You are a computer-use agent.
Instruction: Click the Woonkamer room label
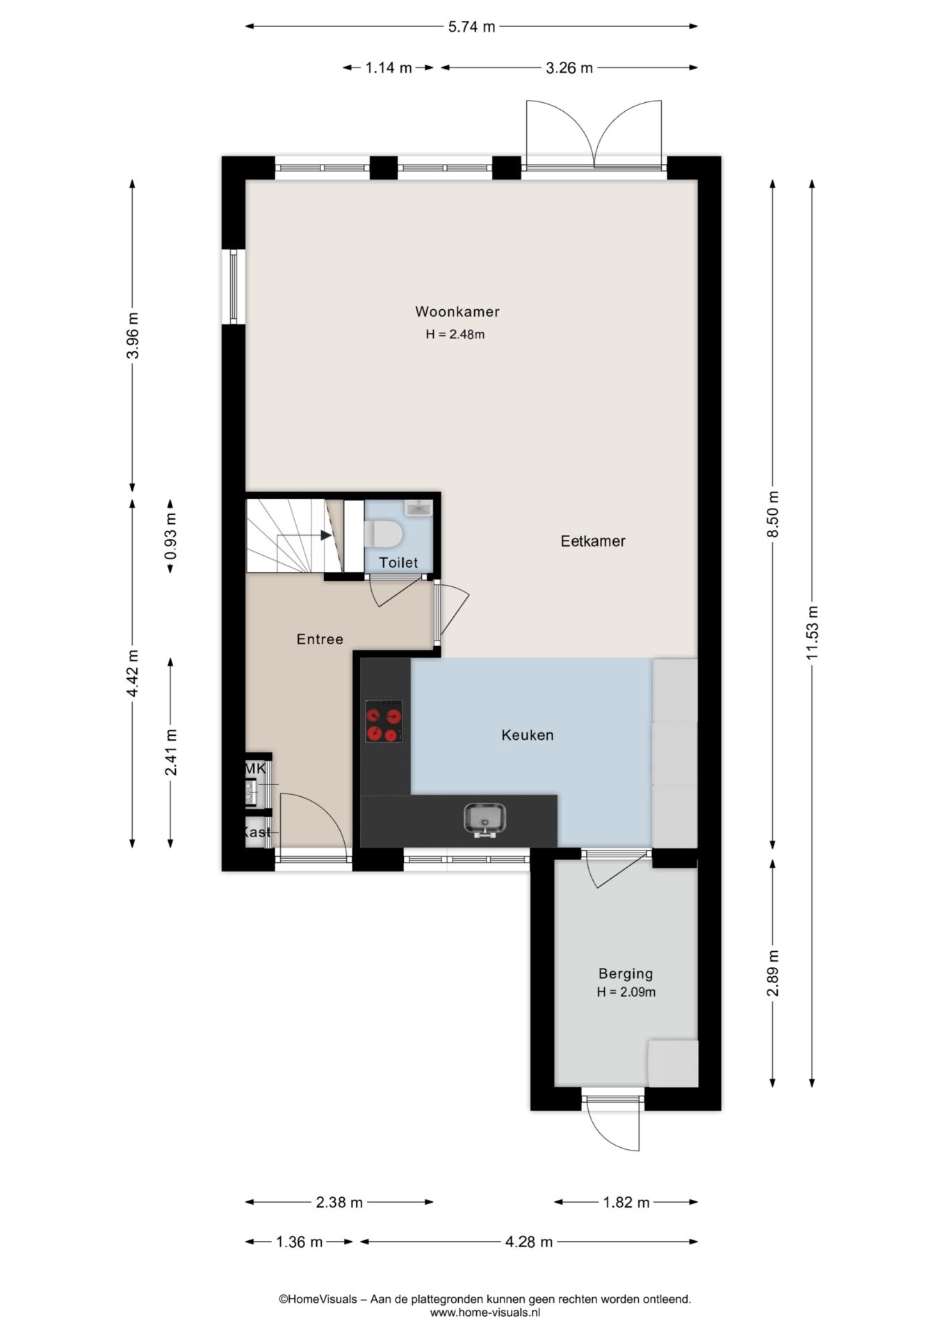[x=457, y=311]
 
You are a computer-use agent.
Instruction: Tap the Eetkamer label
[x=593, y=541]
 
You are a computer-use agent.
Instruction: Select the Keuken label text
[x=528, y=734]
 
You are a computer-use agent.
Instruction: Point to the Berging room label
[x=626, y=974]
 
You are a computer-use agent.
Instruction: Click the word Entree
[x=320, y=639]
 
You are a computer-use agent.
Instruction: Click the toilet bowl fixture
[x=384, y=534]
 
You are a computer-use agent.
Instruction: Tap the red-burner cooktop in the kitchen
[x=384, y=721]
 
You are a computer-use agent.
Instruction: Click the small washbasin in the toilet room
[x=419, y=509]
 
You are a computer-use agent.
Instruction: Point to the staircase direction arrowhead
[x=326, y=535]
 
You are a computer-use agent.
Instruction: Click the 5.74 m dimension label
[x=471, y=27]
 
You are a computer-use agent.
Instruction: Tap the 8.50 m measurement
[x=773, y=513]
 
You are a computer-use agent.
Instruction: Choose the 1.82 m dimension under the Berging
[x=626, y=1203]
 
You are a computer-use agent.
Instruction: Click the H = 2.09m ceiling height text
[x=626, y=992]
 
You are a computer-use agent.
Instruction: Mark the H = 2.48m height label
[x=455, y=334]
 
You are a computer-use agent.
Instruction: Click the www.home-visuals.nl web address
[x=485, y=1312]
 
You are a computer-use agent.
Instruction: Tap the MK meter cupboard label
[x=255, y=769]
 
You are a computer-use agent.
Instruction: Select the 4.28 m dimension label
[x=529, y=1242]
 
